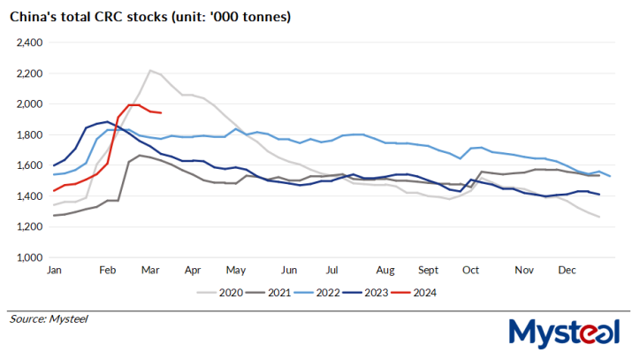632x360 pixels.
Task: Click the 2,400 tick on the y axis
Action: (31, 42)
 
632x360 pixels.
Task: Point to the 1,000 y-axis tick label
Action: (31, 257)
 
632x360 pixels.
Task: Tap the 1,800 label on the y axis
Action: (31, 134)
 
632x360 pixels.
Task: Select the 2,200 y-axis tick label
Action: (31, 73)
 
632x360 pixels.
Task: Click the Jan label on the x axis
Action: (54, 270)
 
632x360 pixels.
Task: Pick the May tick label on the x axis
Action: (234, 270)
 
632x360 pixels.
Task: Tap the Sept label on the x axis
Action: (428, 270)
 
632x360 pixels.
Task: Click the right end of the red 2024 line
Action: (160, 112)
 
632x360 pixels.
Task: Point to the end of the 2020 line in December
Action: (600, 218)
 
